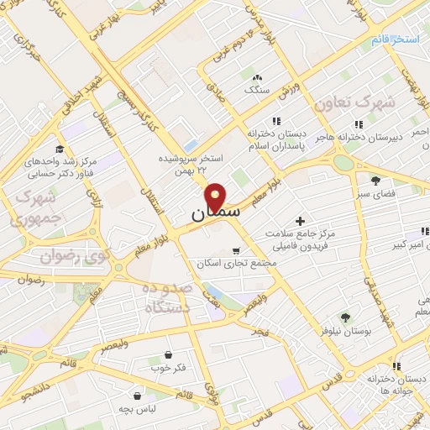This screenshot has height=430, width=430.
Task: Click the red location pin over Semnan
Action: pyautogui.click(x=217, y=196)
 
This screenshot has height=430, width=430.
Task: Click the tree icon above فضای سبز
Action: pyautogui.click(x=375, y=179)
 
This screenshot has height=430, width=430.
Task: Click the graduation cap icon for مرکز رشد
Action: pyautogui.click(x=59, y=148)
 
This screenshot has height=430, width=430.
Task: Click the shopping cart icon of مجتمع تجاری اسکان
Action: pyautogui.click(x=236, y=250)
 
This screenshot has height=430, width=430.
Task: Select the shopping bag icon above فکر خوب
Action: pyautogui.click(x=169, y=354)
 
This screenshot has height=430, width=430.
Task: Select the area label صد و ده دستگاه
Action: pyautogui.click(x=168, y=298)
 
